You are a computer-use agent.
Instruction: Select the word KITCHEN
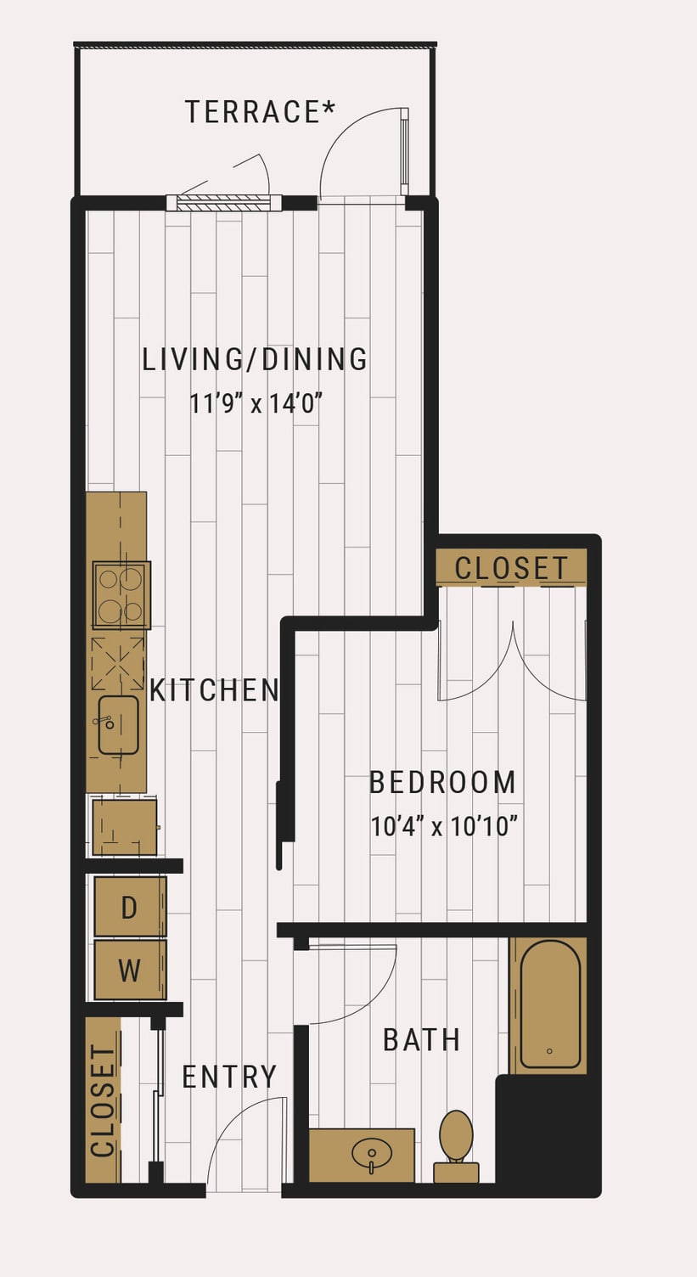coord(214,689)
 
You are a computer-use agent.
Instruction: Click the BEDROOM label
coord(443,782)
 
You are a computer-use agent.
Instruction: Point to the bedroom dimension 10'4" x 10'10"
coord(444,826)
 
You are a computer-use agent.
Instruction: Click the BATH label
coord(422,1040)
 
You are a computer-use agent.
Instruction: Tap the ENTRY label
coord(229,1077)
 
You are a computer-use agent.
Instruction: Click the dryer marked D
coord(131,907)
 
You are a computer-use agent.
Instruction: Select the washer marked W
coord(131,970)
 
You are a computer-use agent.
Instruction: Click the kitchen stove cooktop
coord(121,595)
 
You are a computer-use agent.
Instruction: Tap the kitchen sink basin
coord(119,725)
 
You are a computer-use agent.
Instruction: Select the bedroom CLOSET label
coord(511,568)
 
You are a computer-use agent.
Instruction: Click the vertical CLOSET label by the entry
coord(104,1101)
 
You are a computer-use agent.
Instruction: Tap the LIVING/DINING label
coord(255,359)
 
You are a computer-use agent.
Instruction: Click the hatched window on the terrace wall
coord(223,203)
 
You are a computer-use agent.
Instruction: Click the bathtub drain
coord(549,1050)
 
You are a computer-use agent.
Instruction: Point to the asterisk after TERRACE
coord(329,106)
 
